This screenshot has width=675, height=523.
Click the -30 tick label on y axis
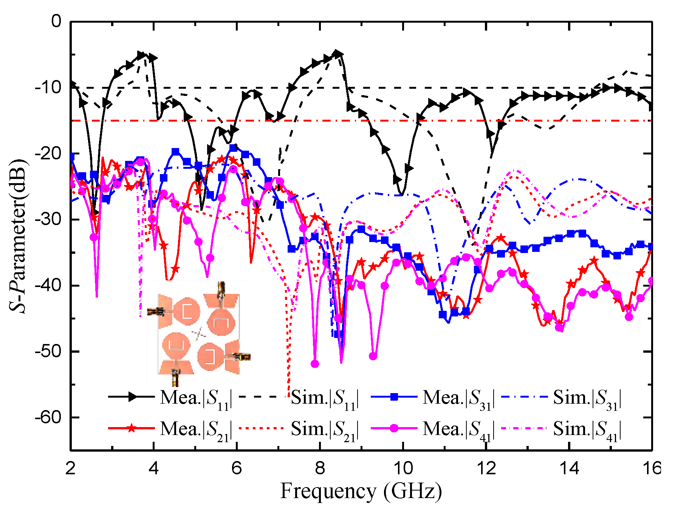tap(48, 219)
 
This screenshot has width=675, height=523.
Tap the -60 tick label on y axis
tap(48, 417)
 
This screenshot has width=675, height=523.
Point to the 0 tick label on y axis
tap(56, 22)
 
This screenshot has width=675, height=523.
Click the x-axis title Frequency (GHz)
tap(361, 492)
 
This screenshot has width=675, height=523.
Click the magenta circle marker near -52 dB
tap(314, 364)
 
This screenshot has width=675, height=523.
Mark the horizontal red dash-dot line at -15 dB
tap(378, 120)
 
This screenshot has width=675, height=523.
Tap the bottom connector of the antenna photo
tap(176, 376)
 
